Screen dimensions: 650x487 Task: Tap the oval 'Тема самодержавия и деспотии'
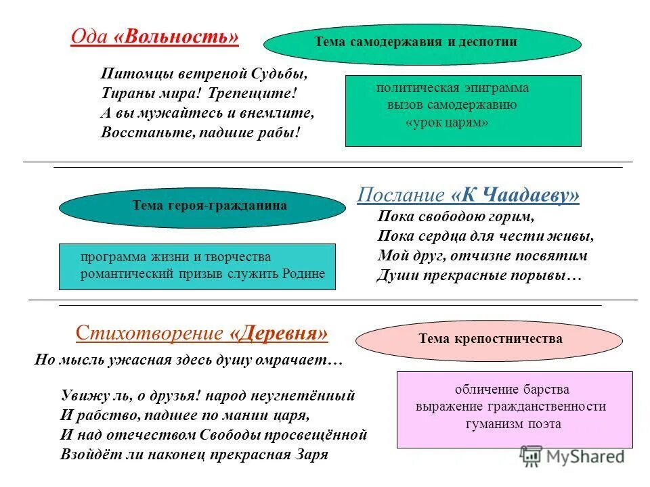(x=422, y=43)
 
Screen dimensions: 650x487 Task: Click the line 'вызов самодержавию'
(x=452, y=105)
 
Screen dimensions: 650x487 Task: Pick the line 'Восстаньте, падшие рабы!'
(x=200, y=131)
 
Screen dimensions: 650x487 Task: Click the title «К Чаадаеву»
(x=516, y=195)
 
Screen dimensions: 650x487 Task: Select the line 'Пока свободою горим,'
(x=456, y=217)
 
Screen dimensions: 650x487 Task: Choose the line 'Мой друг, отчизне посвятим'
(x=482, y=256)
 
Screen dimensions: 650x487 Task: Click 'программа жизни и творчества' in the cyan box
(x=175, y=257)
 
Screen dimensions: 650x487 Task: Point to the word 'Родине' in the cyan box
(x=303, y=274)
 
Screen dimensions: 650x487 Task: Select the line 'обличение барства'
(x=512, y=390)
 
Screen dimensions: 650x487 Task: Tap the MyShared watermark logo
(x=572, y=457)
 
